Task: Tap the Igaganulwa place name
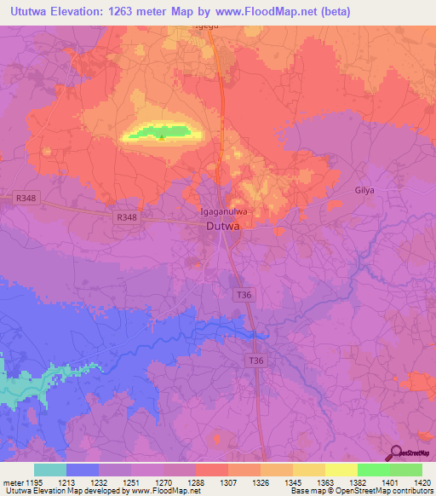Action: point(223,211)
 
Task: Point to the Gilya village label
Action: point(364,190)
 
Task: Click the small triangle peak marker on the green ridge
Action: point(162,136)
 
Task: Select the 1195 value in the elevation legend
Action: point(34,482)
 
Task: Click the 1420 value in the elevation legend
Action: point(422,482)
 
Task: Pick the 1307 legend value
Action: point(227,482)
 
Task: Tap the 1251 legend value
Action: point(131,482)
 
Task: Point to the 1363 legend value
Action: point(324,482)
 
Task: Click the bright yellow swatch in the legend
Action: point(341,470)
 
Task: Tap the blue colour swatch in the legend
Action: point(83,470)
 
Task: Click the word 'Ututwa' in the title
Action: point(28,12)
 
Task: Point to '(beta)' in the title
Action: point(332,12)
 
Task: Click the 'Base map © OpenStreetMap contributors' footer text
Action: point(360,491)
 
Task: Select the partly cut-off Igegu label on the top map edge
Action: point(207,26)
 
